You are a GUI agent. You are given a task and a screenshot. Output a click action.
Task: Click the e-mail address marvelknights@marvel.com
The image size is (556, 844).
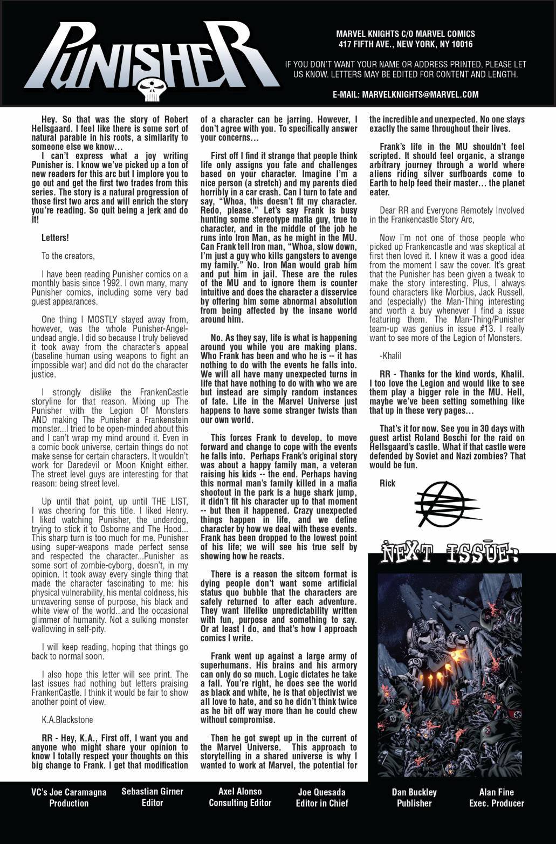(406, 94)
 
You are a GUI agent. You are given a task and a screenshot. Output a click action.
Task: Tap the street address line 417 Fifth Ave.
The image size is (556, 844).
(406, 44)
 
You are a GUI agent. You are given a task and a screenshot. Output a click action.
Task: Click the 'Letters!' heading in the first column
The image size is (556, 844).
(54, 238)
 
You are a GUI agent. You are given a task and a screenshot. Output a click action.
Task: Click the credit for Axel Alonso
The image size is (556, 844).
(240, 797)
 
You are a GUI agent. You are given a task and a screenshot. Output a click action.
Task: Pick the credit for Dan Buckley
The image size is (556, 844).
(414, 798)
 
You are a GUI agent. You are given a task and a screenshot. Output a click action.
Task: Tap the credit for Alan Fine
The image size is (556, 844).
(496, 798)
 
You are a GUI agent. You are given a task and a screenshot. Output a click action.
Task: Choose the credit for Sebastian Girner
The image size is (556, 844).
(152, 797)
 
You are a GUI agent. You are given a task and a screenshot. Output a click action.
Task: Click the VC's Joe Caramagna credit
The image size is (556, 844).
(69, 798)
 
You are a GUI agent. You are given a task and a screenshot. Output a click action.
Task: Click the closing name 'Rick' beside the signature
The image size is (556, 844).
(387, 483)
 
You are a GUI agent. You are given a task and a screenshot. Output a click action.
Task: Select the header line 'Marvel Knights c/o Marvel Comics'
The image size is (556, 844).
(406, 35)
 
